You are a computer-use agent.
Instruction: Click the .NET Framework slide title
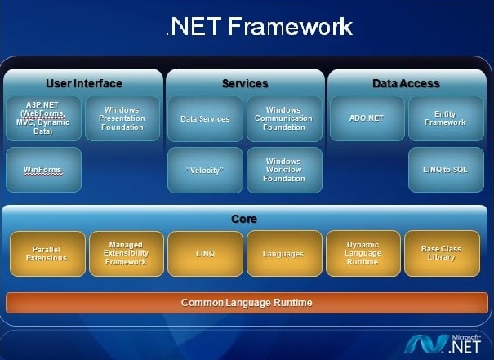click(x=259, y=26)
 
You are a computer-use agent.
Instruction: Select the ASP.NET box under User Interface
click(x=43, y=118)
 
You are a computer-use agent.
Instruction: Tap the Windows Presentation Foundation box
click(x=122, y=118)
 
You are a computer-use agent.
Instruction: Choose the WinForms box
click(x=43, y=170)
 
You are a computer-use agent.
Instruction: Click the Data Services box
click(x=205, y=118)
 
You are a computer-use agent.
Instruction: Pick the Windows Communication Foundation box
click(x=284, y=118)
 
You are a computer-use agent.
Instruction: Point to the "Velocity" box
click(x=205, y=170)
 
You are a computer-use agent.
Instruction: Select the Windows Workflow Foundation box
click(x=284, y=170)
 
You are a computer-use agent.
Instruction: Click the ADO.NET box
click(x=367, y=118)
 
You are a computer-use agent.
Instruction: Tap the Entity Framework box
click(x=446, y=118)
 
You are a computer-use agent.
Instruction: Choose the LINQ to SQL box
click(x=446, y=170)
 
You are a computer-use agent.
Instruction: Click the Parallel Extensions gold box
click(x=47, y=254)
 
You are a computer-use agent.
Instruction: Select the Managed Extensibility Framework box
click(x=127, y=254)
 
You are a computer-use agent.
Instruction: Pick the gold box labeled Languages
click(x=284, y=254)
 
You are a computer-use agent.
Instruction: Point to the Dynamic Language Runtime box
click(x=363, y=254)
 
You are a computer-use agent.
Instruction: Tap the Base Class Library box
click(x=442, y=254)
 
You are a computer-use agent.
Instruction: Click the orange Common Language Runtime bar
click(x=247, y=303)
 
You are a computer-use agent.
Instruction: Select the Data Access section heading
click(x=406, y=83)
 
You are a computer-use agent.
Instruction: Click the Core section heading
click(x=244, y=219)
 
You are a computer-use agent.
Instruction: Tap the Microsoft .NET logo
click(x=443, y=344)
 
